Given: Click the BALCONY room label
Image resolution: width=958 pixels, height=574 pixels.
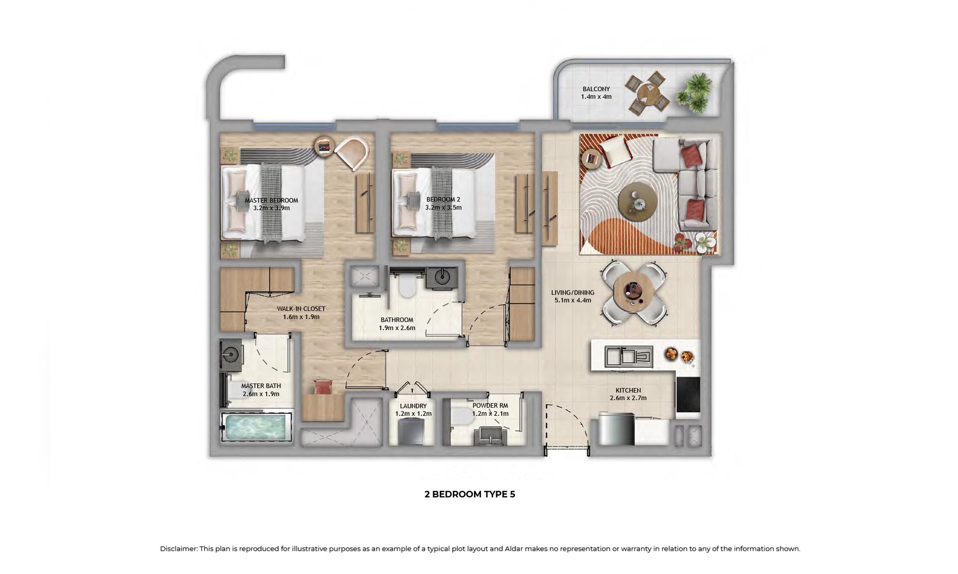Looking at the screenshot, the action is [x=596, y=89].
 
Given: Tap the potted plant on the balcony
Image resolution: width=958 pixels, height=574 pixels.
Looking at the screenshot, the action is [x=694, y=93].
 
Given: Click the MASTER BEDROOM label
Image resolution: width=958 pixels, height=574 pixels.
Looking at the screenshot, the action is [x=271, y=201].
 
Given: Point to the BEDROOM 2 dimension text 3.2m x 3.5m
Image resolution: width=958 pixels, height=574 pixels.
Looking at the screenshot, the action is [x=443, y=208].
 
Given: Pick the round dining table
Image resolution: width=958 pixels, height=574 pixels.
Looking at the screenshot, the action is [x=633, y=292].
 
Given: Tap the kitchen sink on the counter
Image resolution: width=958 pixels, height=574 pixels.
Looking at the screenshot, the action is [x=629, y=357].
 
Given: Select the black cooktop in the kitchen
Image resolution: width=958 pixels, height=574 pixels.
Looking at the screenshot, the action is [x=688, y=396].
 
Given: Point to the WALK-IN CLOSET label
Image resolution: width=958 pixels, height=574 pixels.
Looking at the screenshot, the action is [x=301, y=309].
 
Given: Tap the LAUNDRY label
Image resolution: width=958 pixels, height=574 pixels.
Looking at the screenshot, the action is [x=413, y=406].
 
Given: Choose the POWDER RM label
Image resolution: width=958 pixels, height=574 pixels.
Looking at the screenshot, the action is [x=490, y=406].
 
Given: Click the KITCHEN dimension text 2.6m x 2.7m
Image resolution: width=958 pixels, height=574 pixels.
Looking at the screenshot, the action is [x=628, y=398].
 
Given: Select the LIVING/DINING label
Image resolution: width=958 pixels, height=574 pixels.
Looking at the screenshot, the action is [x=573, y=293].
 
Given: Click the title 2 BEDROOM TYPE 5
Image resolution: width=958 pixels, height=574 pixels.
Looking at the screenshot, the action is [x=470, y=494].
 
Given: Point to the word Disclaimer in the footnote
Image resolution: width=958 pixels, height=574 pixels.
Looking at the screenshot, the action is [x=178, y=549].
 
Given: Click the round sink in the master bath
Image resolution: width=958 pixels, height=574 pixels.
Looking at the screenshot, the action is [x=231, y=354].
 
